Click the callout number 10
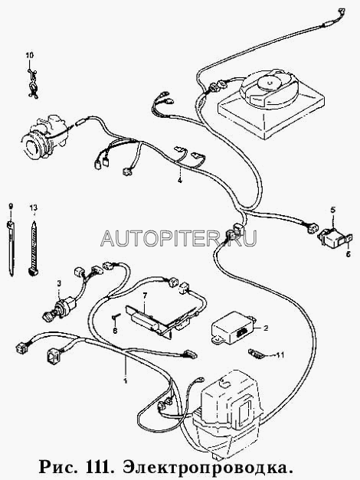(29, 55)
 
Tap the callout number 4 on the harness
(180, 181)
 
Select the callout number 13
(34, 208)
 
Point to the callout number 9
(11, 206)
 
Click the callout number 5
(332, 210)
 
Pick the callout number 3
(59, 283)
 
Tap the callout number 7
(145, 295)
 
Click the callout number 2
(266, 328)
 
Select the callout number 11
(280, 355)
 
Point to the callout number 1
(125, 380)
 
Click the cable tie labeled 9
(11, 249)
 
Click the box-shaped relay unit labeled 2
(234, 328)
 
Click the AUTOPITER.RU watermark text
(178, 238)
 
